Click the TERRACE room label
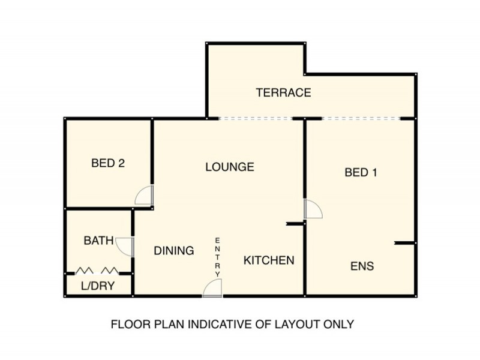coord(283,93)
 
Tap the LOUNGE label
coord(230,167)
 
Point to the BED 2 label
coord(108,163)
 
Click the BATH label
coord(99,241)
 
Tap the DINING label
coord(173,251)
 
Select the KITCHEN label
coord(268,260)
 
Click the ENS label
coord(362,266)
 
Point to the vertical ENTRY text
coord(218,257)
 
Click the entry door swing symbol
coord(213,289)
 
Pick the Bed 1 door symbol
coord(313,209)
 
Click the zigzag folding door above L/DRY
coord(97,271)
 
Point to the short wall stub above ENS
coord(404,243)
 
